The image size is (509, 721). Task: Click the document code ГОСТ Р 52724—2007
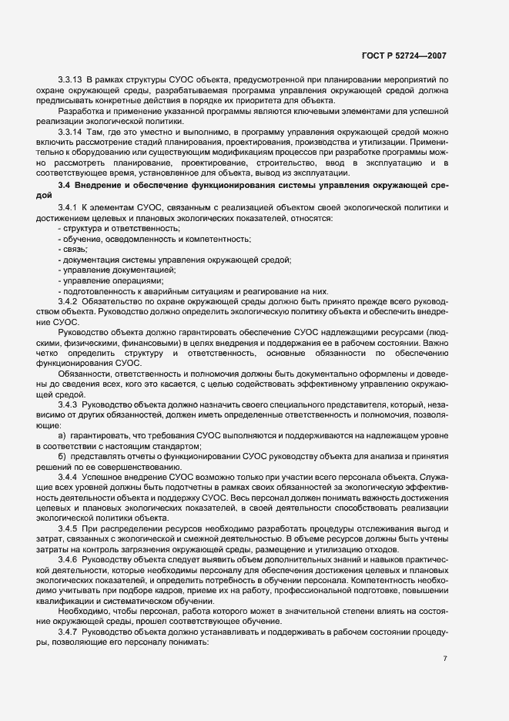(404, 55)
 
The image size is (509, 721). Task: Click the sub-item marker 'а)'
(62, 435)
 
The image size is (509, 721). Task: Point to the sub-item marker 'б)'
(62, 455)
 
